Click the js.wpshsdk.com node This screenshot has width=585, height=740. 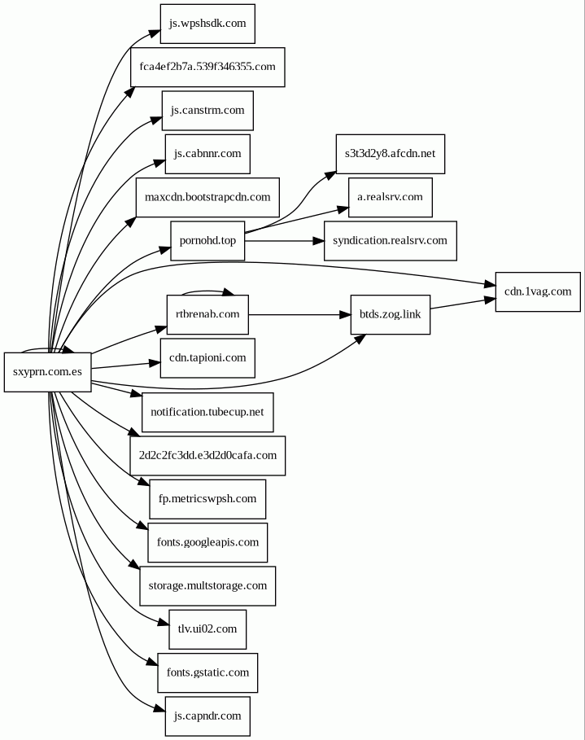[x=207, y=24]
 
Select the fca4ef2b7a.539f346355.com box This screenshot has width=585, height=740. [x=207, y=67]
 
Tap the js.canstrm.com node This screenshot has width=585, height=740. [x=207, y=110]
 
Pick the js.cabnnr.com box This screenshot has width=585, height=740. [x=207, y=153]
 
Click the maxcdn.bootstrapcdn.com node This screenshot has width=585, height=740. [x=207, y=197]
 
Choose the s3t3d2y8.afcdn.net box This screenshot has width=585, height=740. [x=390, y=153]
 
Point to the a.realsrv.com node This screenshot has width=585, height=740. [x=390, y=197]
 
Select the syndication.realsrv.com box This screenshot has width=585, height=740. [x=390, y=240]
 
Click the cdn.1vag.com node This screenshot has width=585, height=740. [x=538, y=291]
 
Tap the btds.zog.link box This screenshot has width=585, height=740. [x=390, y=314]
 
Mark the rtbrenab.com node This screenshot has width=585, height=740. [x=207, y=314]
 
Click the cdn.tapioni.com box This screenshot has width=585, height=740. [x=207, y=358]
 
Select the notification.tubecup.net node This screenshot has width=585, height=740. [x=207, y=412]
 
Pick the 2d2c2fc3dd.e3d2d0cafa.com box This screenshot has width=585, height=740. [x=207, y=455]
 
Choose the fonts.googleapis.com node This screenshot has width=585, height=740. [x=207, y=542]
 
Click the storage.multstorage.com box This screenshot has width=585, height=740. [x=207, y=585]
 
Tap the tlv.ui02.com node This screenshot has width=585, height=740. [x=207, y=628]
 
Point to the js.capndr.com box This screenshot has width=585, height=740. [x=207, y=716]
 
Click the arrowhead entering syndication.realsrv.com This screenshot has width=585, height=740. [x=319, y=240]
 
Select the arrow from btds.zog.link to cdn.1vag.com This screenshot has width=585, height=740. [x=462, y=304]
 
